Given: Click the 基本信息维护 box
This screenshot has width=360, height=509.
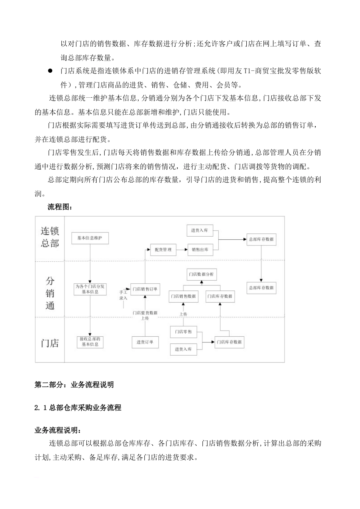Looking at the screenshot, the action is point(90,238).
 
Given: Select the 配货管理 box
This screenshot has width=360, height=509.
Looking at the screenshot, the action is point(163,250).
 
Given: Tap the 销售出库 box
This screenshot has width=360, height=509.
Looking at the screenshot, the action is point(200,250).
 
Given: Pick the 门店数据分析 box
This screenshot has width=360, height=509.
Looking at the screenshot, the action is point(201,274).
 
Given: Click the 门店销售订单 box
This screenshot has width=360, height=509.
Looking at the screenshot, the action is point(145,289).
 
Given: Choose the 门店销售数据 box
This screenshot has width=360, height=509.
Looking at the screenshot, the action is point(183,297).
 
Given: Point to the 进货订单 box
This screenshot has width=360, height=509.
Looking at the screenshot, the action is point(145,342).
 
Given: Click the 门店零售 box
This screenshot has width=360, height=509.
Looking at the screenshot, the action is point(183,332).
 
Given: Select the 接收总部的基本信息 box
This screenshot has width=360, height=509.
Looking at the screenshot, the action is point(90,342).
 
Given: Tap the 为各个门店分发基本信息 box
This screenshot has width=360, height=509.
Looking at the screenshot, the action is point(90,289).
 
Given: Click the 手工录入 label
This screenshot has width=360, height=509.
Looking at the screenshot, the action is point(123,295).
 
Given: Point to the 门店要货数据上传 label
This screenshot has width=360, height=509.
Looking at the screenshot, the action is point(145,315).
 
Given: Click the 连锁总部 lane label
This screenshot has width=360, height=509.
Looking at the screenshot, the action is point(50,237).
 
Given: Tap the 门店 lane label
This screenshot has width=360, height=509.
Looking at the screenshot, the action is point(50,343).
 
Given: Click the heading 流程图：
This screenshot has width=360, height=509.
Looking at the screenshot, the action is point(59,207).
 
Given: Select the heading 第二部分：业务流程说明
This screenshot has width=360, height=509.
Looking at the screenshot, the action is point(74,385).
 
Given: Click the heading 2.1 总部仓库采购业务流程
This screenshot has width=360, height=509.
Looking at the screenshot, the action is point(78,408).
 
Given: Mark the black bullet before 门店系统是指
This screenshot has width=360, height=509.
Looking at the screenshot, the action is point(50,71).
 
